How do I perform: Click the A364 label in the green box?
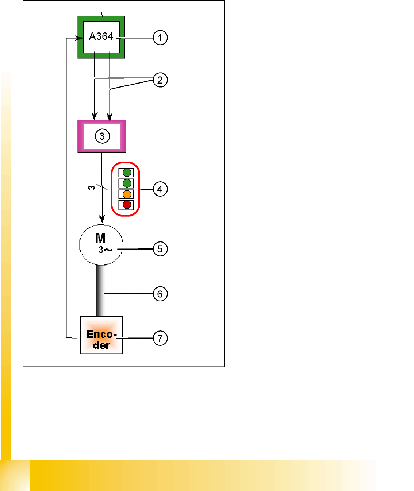[x=101, y=36]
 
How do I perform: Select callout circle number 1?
[x=160, y=38]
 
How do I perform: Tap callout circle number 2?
[x=160, y=80]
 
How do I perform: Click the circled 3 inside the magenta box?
[x=102, y=136]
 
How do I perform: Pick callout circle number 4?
[x=160, y=189]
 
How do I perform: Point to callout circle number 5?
[x=160, y=249]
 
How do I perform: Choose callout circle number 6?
[x=160, y=294]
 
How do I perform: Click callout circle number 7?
[x=160, y=338]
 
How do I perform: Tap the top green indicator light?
[x=127, y=172]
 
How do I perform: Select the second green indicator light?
[x=127, y=183]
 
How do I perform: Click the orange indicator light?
[x=127, y=194]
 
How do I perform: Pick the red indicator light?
[x=127, y=205]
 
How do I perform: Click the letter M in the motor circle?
[x=100, y=238]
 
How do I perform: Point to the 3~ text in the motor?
[x=104, y=250]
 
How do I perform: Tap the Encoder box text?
[x=101, y=339]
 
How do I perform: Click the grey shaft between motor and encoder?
[x=101, y=290]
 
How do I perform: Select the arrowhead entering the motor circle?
[x=102, y=219]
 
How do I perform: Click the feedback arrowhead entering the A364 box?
[x=78, y=38]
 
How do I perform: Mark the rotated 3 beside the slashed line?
[x=91, y=187]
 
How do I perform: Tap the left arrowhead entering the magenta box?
[x=95, y=116]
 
